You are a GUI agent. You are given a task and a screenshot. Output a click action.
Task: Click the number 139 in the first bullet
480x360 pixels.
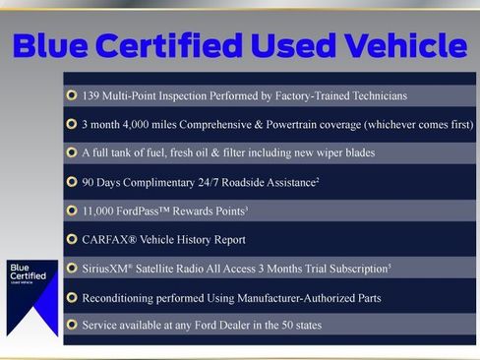click(x=93, y=95)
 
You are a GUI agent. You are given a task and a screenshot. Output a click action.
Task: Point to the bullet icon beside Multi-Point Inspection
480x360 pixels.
click(x=72, y=95)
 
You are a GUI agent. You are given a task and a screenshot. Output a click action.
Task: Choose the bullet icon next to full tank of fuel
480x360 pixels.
click(x=72, y=152)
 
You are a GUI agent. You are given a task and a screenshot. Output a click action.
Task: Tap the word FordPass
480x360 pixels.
click(x=151, y=210)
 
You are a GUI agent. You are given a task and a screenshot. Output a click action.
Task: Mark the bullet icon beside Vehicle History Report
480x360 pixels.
click(x=72, y=239)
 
